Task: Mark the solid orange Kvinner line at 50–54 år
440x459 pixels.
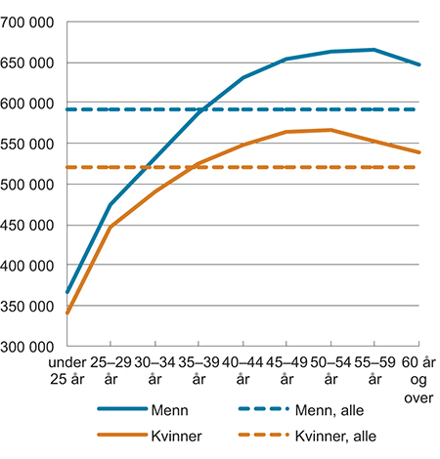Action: (330, 130)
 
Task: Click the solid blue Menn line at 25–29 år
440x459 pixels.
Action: (110, 205)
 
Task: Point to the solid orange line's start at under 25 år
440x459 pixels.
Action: (66, 313)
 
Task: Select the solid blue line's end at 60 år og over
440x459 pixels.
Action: (418, 64)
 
